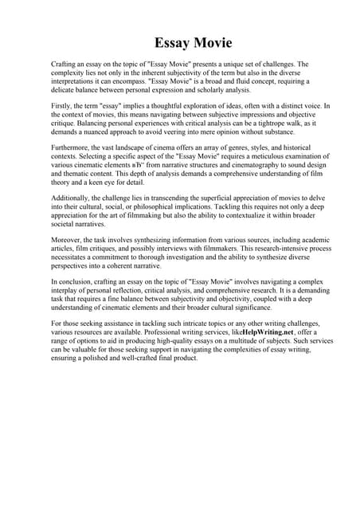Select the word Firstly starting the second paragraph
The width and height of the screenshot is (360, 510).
tap(63, 104)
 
